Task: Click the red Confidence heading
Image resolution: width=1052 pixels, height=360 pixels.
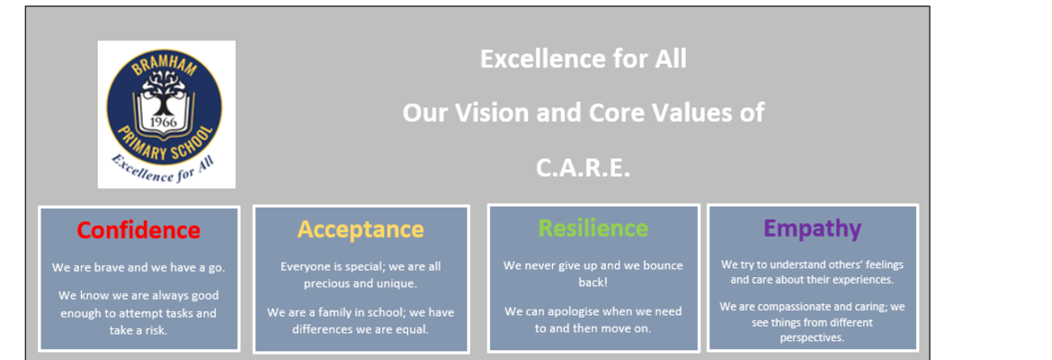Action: coord(138,230)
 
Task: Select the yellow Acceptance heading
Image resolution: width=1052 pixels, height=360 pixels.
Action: coord(361,229)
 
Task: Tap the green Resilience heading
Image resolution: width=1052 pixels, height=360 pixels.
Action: coord(593,229)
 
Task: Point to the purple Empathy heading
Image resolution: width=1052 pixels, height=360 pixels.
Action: coord(813,229)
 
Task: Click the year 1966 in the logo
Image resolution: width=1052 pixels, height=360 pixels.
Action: coord(164,122)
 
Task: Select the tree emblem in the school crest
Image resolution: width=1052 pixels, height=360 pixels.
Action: coord(164,93)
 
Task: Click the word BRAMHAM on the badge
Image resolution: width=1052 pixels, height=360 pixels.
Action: coord(165,67)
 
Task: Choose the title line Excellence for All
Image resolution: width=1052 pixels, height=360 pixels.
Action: coord(583,59)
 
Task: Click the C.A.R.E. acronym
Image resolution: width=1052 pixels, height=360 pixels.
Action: coord(583,168)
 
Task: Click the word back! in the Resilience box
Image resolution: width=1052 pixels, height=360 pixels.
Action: coord(593,282)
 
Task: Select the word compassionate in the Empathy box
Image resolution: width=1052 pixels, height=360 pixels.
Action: coord(789,307)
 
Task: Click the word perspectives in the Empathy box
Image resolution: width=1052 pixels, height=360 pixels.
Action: coord(812,337)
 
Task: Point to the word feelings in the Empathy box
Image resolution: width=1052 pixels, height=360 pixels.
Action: coord(883,265)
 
